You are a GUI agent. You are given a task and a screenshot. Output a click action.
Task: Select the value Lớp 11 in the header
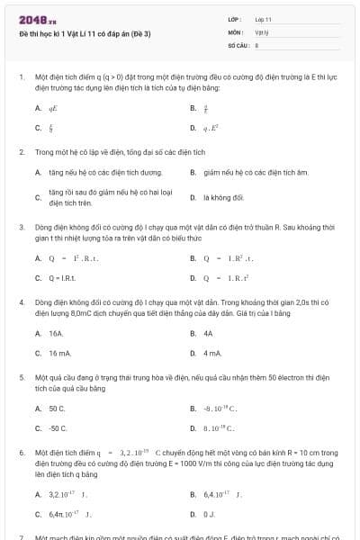click(265, 19)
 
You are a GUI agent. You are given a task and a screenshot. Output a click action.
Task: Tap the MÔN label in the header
click(236, 31)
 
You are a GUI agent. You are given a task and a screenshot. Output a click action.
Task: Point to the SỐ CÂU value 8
click(256, 44)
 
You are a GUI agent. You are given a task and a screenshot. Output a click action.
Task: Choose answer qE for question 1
click(53, 107)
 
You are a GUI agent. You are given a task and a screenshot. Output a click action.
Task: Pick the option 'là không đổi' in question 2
click(223, 196)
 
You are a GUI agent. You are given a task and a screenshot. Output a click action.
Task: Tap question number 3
click(21, 227)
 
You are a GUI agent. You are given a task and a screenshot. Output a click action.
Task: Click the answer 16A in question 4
click(56, 333)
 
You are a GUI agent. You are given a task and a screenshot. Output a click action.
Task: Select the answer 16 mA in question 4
click(60, 353)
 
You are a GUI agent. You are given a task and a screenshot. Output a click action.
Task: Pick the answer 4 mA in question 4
click(212, 353)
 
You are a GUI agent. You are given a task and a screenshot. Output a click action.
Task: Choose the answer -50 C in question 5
click(58, 428)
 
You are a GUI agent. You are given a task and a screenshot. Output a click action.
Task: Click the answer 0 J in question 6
click(210, 514)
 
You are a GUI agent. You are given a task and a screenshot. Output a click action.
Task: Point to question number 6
click(21, 453)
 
